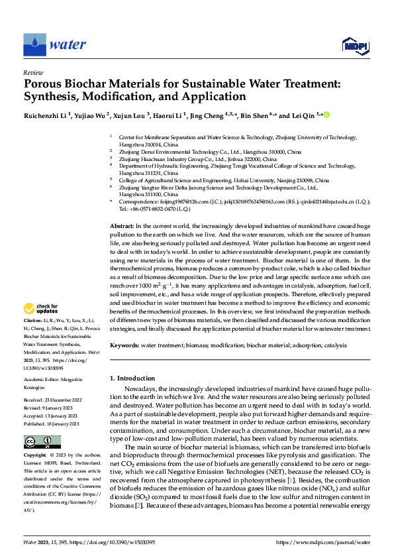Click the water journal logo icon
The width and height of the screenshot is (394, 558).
pyautogui.click(x=35, y=44)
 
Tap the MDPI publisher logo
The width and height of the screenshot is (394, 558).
pyautogui.click(x=354, y=45)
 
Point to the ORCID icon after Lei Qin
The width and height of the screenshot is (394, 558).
pyautogui.click(x=326, y=115)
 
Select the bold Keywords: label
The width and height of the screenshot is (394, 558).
pyautogui.click(x=124, y=345)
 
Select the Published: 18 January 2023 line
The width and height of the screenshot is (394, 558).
pyautogui.click(x=51, y=423)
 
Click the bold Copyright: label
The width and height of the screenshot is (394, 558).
pyautogui.click(x=36, y=455)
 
